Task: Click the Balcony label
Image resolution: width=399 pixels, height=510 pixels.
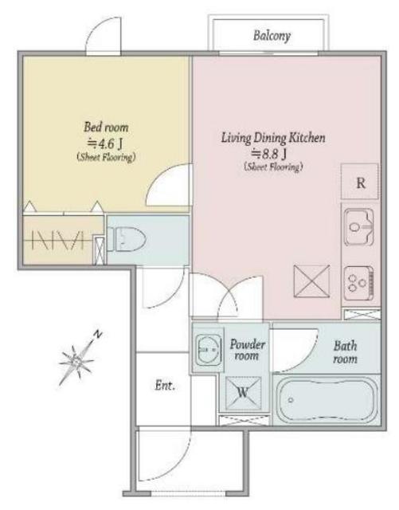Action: click(x=272, y=35)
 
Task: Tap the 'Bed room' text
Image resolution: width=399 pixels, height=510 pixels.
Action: click(x=106, y=127)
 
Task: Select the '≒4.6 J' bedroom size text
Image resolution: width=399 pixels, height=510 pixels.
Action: click(x=107, y=143)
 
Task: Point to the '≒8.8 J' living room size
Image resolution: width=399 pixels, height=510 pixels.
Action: click(x=269, y=154)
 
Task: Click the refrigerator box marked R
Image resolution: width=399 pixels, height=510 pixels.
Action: click(x=360, y=182)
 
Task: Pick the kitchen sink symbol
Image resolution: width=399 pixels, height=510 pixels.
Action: click(x=359, y=227)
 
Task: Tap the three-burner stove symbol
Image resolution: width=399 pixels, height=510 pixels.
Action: click(x=359, y=284)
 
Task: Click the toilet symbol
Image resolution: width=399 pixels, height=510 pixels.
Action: click(x=126, y=239)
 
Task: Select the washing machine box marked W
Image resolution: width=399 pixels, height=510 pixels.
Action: click(x=243, y=393)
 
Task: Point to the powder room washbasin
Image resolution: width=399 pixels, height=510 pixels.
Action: click(x=209, y=350)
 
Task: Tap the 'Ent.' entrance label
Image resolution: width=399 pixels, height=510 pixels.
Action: click(x=165, y=386)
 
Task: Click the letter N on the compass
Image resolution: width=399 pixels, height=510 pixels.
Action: click(x=97, y=334)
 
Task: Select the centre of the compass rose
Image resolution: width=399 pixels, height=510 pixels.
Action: click(x=76, y=360)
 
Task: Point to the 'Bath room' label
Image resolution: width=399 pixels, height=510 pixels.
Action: click(x=346, y=352)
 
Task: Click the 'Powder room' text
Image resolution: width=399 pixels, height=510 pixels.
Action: click(x=248, y=350)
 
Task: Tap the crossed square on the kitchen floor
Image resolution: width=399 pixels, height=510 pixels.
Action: click(x=311, y=281)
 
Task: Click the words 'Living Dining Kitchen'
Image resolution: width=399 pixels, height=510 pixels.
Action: click(x=273, y=138)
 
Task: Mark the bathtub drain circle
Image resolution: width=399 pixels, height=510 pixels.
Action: click(x=291, y=400)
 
